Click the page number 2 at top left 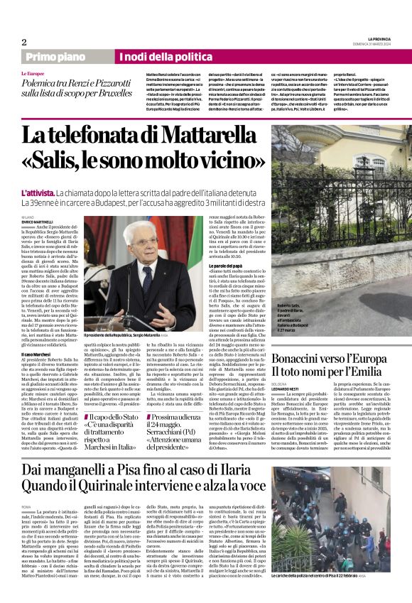pos(23,42)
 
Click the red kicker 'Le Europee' pos(32,74)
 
